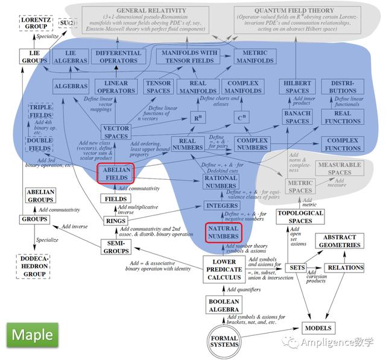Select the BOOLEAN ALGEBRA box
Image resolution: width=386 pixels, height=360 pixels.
click(224, 305)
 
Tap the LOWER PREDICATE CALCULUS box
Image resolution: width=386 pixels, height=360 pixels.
click(224, 268)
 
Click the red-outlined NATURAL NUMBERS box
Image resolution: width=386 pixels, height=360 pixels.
click(224, 232)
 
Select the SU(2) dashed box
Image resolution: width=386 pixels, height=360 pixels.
click(68, 24)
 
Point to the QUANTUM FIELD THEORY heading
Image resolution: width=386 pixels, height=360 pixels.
click(302, 11)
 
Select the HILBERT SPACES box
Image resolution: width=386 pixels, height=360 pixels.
click(294, 86)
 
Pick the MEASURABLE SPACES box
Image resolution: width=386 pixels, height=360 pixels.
click(340, 168)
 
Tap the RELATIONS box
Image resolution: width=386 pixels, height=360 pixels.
click(345, 268)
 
